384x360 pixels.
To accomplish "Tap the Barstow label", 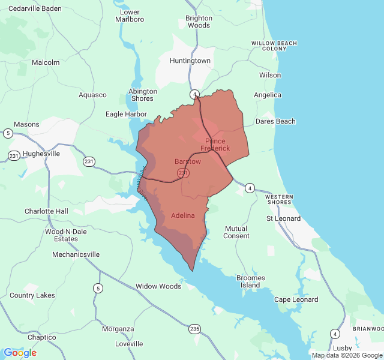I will (188, 162).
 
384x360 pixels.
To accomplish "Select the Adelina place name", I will (183, 215).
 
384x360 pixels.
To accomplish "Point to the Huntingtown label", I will (190, 61).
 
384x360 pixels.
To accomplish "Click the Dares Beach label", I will (275, 121).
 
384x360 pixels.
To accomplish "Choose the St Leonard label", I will (284, 218).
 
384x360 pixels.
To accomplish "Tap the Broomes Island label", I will (251, 281).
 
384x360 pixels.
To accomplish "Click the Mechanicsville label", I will (76, 254).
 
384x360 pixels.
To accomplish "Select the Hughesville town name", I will (41, 154).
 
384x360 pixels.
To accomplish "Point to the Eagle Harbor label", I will (126, 114).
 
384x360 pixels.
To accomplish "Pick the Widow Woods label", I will (158, 286).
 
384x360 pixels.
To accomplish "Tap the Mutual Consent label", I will (236, 232).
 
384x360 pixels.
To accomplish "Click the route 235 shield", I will (194, 328).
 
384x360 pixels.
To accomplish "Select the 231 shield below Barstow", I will (184, 173).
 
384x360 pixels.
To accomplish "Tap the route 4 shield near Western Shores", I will (250, 188).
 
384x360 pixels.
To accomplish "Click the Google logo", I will (20, 353).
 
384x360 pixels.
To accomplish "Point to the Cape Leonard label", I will (296, 300).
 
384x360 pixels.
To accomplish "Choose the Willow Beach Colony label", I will (274, 46).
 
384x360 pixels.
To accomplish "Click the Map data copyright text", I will (347, 355).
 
